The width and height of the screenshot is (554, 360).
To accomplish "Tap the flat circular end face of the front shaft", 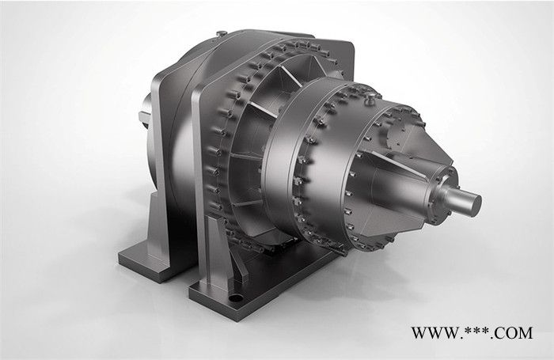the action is click(473, 205).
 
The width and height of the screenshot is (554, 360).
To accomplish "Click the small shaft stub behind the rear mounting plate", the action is click(146, 113).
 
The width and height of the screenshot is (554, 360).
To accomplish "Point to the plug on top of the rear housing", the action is click(222, 33).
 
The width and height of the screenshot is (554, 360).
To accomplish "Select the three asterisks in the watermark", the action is click(478, 331).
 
